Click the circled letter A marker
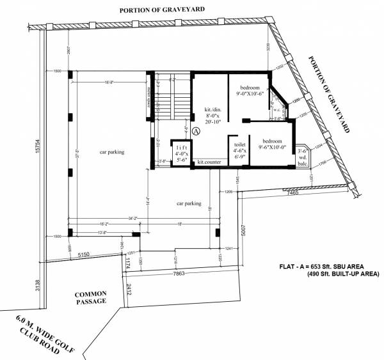coord(196,130)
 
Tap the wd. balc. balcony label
coord(303,157)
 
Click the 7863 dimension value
coord(176,274)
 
